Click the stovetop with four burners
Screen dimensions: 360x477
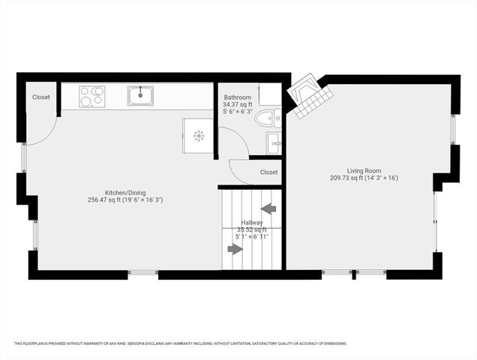point(91,96)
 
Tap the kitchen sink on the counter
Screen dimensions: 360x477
point(140,95)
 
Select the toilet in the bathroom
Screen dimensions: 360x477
point(268,118)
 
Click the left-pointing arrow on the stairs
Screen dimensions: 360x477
point(268,208)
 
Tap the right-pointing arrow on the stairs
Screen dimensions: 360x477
point(235,248)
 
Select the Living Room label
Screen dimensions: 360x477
point(364,171)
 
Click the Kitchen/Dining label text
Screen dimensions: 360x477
point(124,192)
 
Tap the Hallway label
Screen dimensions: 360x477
point(252,222)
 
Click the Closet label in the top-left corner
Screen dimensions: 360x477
point(41,97)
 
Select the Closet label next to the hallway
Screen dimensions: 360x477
point(268,172)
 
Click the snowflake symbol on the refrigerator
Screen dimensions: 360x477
point(199,136)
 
